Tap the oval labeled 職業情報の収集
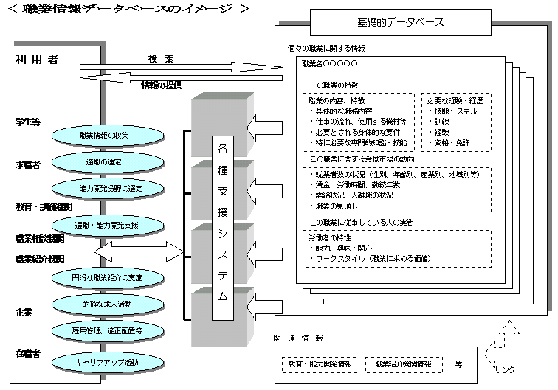pyautogui.click(x=104, y=136)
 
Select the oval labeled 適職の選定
pyautogui.click(x=104, y=161)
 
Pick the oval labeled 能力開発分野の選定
pyautogui.click(x=104, y=188)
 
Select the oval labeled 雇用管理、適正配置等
pyautogui.click(x=107, y=330)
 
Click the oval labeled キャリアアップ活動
pyautogui.click(x=107, y=362)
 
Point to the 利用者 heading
pyautogui.click(x=36, y=60)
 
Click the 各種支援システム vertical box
pyautogui.click(x=223, y=227)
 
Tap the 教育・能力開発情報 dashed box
pyautogui.click(x=320, y=363)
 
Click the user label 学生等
pyautogui.click(x=27, y=121)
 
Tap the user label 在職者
pyautogui.click(x=27, y=353)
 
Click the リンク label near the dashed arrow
pyautogui.click(x=505, y=369)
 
